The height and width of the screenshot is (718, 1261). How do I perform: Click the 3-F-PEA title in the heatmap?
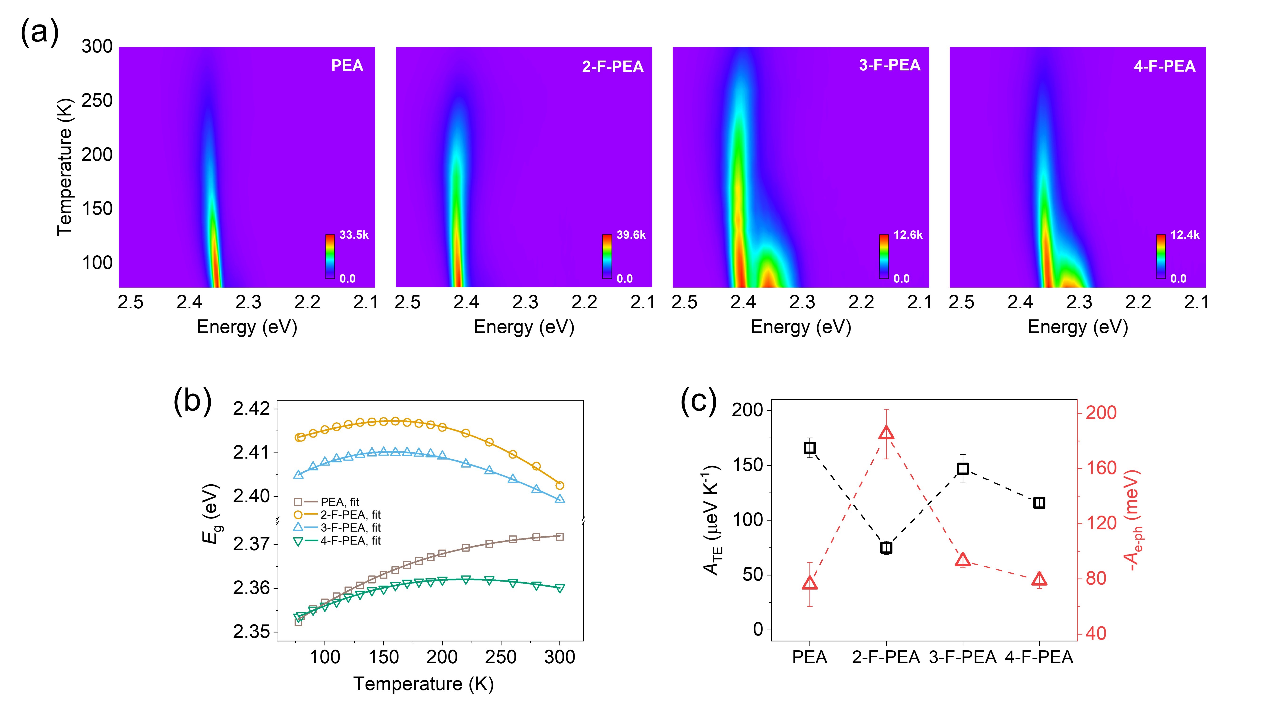coord(890,65)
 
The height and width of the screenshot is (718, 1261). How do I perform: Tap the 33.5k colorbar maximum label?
coord(354,235)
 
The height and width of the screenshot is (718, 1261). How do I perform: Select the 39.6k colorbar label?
coord(631,235)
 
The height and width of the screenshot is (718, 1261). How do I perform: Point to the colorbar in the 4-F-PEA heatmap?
coord(1161,257)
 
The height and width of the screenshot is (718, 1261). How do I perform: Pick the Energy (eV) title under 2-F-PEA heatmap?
coord(524,327)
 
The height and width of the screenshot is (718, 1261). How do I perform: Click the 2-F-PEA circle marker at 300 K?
coord(559,485)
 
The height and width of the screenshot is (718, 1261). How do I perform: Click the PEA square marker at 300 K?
coord(559,537)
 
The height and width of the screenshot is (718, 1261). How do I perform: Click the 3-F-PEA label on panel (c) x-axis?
coord(962,657)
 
